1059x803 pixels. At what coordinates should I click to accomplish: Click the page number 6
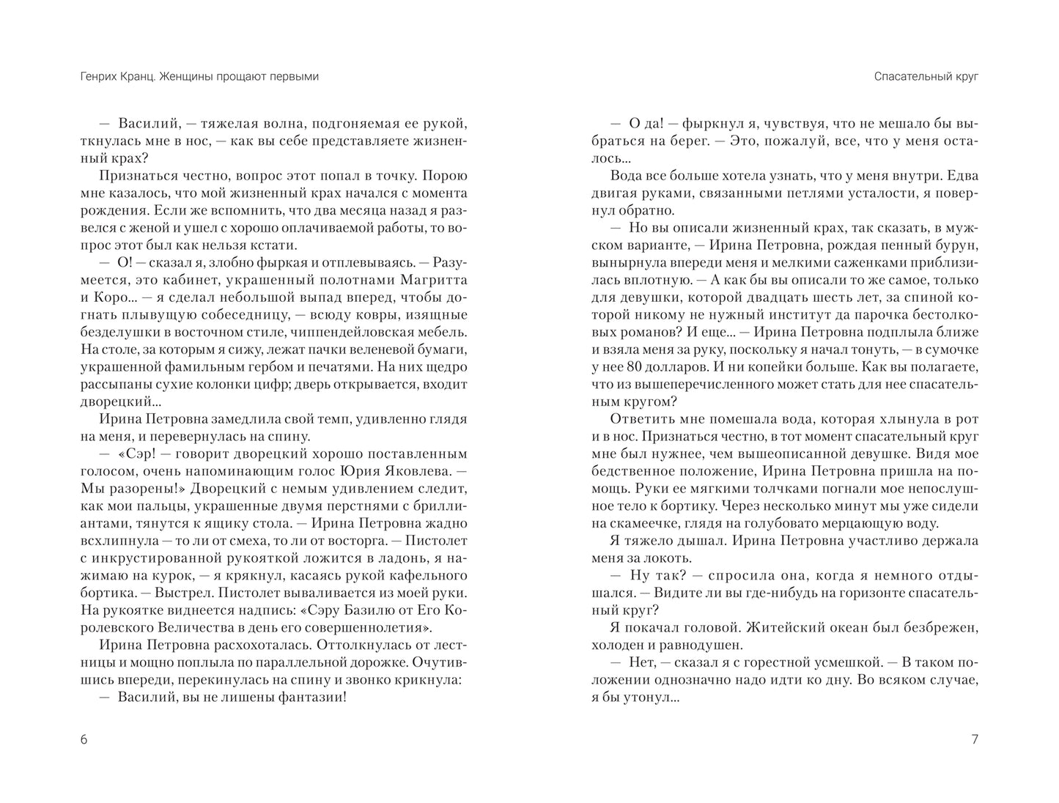(84, 739)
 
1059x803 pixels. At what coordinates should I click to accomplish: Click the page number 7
(974, 739)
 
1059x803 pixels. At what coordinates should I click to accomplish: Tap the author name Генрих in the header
(100, 76)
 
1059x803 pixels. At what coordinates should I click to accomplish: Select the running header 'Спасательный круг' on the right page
(926, 76)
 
